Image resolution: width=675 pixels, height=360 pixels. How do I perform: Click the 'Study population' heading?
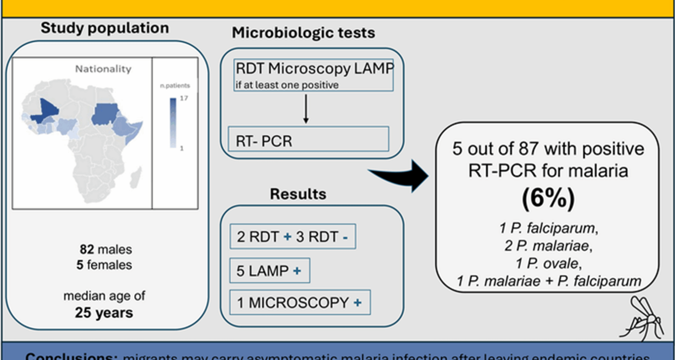tap(105, 28)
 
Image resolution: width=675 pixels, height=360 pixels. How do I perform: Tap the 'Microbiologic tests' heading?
tap(303, 33)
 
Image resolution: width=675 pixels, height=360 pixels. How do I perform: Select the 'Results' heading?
tap(298, 194)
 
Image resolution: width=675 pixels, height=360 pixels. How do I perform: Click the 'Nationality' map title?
tap(103, 69)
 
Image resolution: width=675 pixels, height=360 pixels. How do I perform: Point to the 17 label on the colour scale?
tap(184, 98)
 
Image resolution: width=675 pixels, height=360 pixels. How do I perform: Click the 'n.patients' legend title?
tap(175, 85)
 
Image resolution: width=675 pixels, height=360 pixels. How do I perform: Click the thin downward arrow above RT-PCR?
tap(306, 109)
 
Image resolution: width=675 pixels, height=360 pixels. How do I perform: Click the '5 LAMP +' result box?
tap(270, 271)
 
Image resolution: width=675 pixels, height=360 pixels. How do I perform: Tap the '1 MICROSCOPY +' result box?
tap(300, 302)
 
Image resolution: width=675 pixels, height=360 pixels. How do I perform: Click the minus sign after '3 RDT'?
tap(345, 238)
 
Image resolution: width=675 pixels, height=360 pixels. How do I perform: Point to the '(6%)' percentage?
tap(548, 198)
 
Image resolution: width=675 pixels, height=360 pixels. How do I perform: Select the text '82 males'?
tap(106, 249)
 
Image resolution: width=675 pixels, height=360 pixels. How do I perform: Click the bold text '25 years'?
tap(104, 313)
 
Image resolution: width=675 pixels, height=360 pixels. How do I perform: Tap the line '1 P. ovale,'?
tap(548, 263)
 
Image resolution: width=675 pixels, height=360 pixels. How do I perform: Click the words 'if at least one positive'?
tap(287, 85)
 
